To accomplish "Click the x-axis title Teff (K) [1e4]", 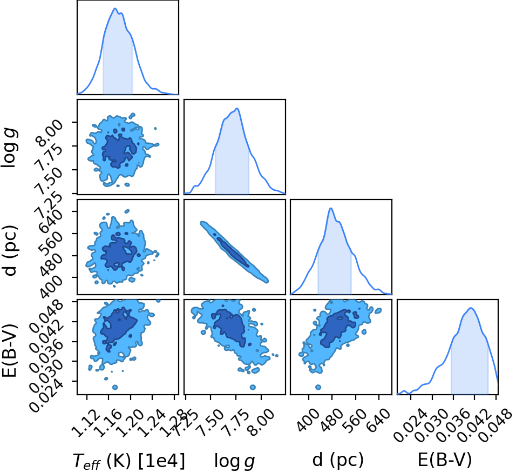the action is [128, 461].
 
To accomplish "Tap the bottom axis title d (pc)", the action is [338, 460].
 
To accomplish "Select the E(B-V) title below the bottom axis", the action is [445, 460].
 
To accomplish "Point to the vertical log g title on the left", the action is [9, 148].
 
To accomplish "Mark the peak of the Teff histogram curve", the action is [115, 8].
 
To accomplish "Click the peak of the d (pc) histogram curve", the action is [331, 208].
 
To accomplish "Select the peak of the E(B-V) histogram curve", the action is [471, 308].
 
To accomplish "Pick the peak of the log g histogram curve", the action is [236, 108].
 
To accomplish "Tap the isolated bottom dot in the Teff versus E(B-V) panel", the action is [115, 387].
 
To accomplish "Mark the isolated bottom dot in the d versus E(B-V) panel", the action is [318, 387].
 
